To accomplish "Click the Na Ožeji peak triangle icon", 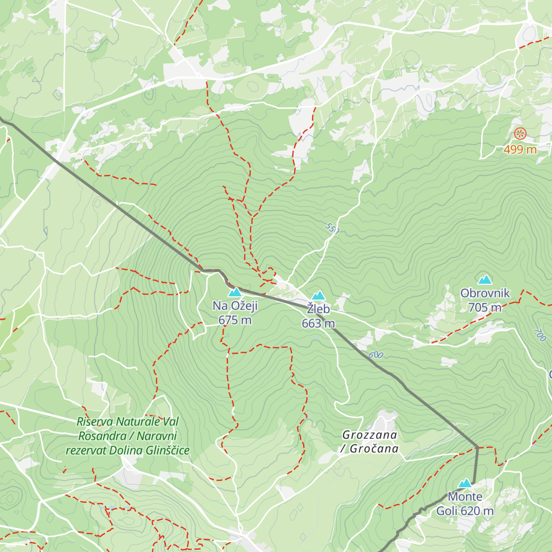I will coord(235,292).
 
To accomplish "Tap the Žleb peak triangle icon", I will coord(318,296).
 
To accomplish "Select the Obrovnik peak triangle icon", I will coord(484,280).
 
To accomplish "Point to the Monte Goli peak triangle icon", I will coord(466,483).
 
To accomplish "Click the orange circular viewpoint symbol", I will coord(520,134).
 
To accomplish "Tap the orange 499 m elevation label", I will coord(520,149).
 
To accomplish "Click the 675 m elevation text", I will coord(235,320).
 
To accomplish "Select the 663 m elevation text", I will coord(318,324).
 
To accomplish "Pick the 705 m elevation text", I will coord(485,308).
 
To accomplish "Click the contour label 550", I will coord(332,228).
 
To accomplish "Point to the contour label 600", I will coord(376,355).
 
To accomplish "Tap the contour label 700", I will coord(541,335).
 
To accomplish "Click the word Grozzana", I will coord(369,435).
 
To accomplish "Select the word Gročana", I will coord(374,449).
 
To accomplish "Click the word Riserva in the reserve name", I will coord(94,421).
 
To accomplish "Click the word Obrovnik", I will coord(485,293).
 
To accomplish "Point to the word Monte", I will coord(465,497).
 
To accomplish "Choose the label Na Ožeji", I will coord(235,306).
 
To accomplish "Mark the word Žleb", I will coord(318,309).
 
